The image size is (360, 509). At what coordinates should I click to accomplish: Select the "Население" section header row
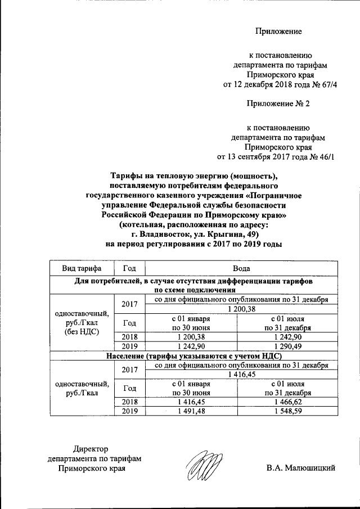(193, 356)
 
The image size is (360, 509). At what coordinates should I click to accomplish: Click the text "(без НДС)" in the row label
(82, 332)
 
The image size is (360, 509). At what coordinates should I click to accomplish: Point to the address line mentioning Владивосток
(193, 235)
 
